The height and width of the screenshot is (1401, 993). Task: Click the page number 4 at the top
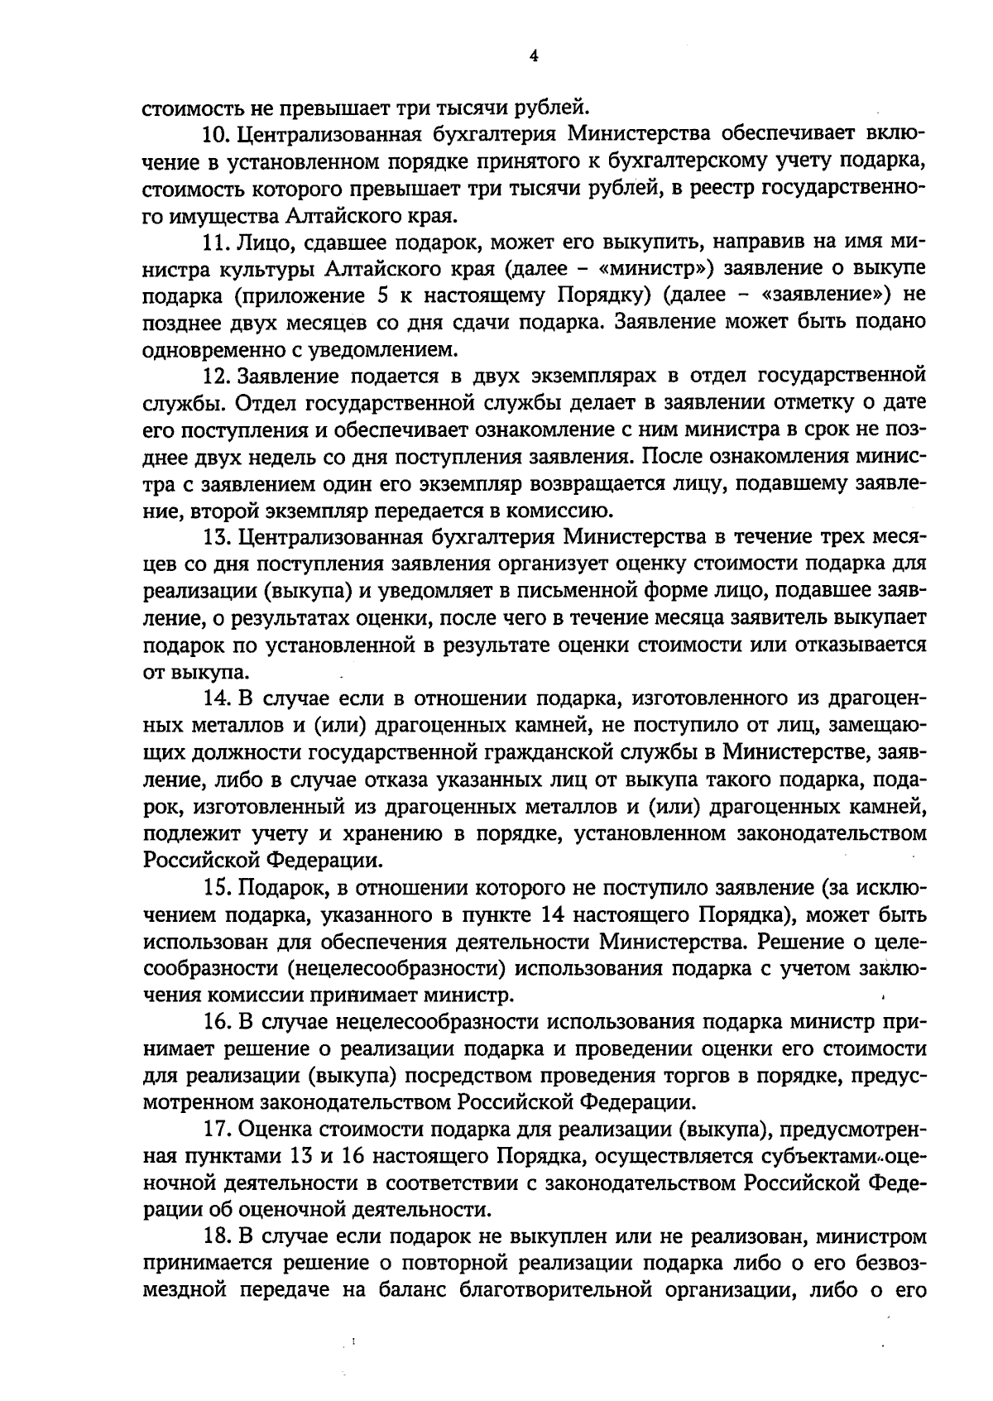click(533, 56)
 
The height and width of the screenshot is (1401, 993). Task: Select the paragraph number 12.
click(217, 376)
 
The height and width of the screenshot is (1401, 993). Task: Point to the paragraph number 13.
click(217, 537)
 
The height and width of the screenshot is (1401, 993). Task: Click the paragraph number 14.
click(218, 699)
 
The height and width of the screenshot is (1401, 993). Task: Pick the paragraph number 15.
click(218, 888)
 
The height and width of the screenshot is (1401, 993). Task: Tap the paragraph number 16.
click(218, 1023)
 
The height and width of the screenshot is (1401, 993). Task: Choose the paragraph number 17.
click(218, 1130)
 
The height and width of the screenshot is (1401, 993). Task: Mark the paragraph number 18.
click(218, 1238)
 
